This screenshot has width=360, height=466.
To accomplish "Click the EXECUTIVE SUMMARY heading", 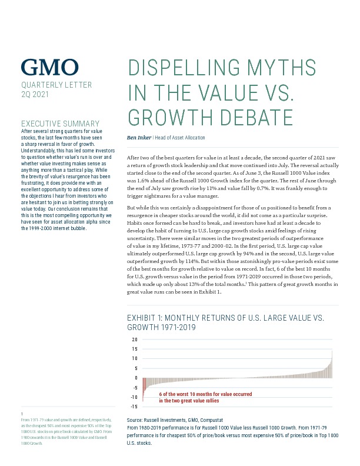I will coord(60,124).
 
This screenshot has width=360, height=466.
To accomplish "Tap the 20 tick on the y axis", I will coord(134,339).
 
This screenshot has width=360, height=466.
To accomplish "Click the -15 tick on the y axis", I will coord(134,407).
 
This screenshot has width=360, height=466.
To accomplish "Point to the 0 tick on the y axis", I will coord(136,378).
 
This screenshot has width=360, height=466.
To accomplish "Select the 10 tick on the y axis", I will coord(134,358).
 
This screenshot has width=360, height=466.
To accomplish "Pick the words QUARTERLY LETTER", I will coord(56,85).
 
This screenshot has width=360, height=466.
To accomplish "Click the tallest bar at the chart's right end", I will coord(332,363).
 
